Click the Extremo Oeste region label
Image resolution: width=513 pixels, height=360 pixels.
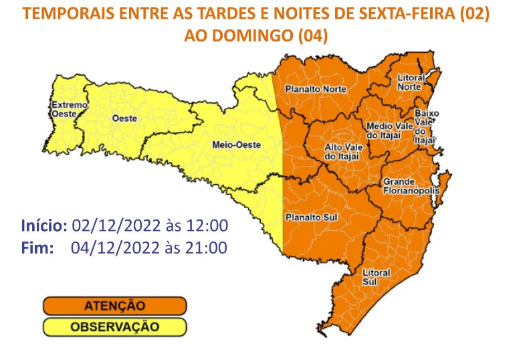(x=69, y=110)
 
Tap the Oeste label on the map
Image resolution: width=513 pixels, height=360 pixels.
(x=124, y=118)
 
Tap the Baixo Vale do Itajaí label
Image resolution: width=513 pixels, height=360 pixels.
(x=426, y=126)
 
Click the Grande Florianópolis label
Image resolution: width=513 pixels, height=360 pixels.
(x=410, y=186)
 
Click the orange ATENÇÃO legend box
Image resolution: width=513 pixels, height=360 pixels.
(x=114, y=306)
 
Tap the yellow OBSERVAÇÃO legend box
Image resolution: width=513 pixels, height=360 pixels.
(x=114, y=327)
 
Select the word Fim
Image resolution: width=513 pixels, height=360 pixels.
(x=37, y=248)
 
